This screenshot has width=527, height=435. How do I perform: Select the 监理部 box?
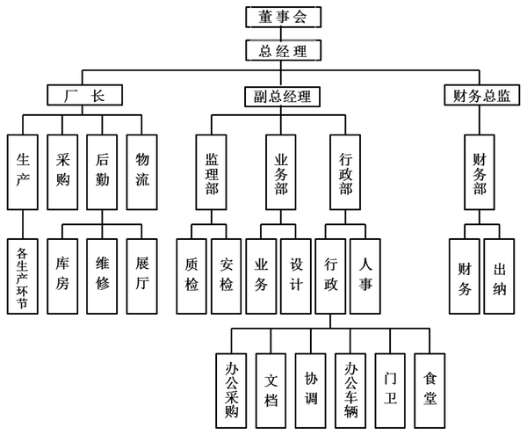tap(212, 173)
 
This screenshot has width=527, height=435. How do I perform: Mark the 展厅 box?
tap(143, 275)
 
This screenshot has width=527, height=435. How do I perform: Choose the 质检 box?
tap(192, 275)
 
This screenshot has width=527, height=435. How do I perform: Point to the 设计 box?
tap(296, 275)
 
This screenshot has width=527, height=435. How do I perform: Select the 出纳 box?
tap(497, 275)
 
